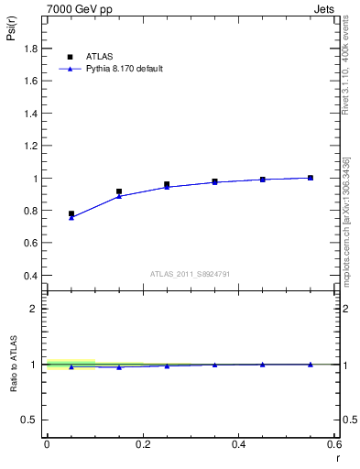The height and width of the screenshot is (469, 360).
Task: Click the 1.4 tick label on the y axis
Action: (32, 115)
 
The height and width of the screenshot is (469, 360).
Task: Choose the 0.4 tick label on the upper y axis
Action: (32, 276)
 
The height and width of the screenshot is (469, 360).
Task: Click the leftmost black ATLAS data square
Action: (71, 213)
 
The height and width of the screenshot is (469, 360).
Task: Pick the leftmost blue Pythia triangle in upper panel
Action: (71, 218)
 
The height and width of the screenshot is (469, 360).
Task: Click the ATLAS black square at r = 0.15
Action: (119, 191)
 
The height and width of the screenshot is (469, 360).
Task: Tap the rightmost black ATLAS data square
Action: (311, 178)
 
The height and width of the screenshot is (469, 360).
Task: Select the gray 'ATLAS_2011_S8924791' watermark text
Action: (191, 273)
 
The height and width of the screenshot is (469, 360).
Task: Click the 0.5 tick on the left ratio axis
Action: (32, 420)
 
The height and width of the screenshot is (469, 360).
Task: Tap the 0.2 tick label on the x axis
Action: (143, 444)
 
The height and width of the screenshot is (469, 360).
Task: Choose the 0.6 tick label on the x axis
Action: (334, 444)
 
